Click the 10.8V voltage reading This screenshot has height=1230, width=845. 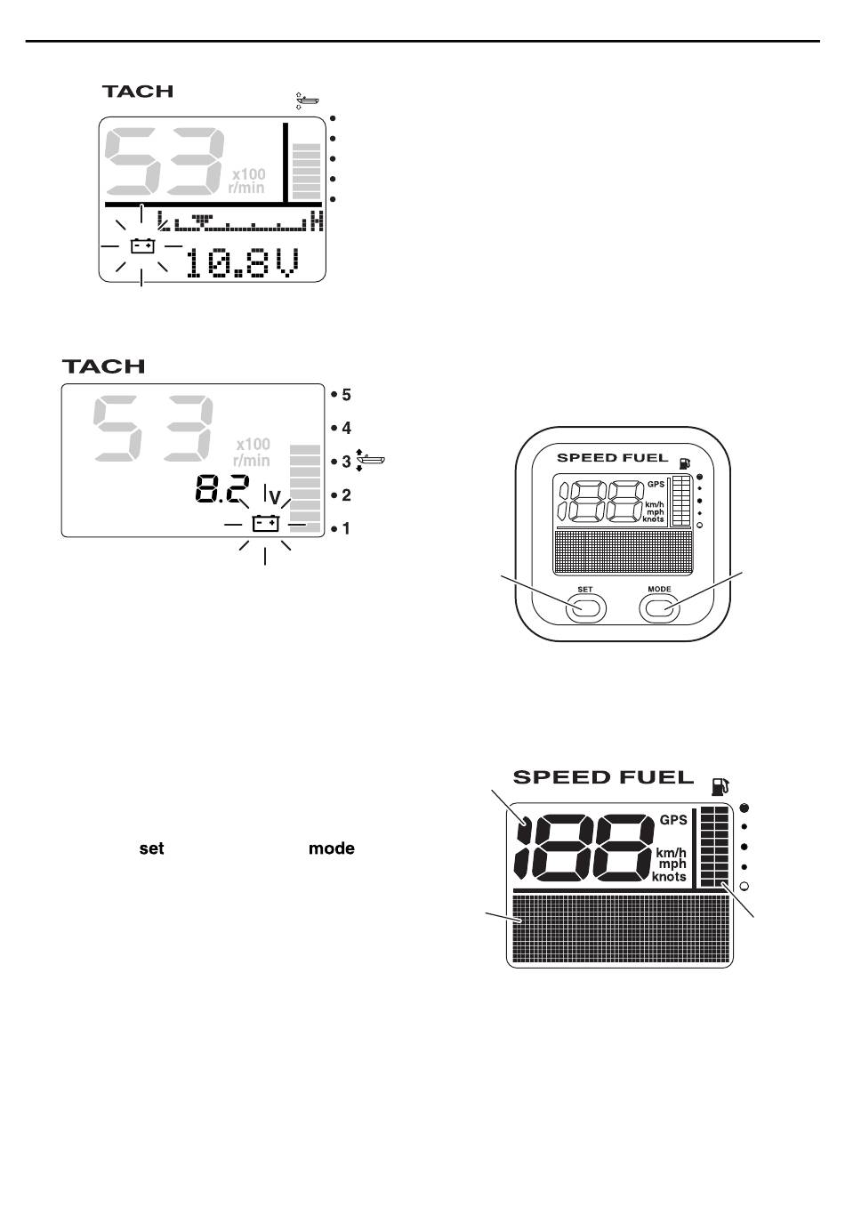pos(242,263)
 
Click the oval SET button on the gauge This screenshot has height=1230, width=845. pos(584,607)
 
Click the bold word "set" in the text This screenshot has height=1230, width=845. pos(151,848)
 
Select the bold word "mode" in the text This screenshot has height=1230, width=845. pos(331,848)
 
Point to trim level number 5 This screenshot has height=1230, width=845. pos(346,394)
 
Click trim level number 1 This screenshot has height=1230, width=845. pos(346,529)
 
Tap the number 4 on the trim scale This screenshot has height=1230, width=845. pos(346,428)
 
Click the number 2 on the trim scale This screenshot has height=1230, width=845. pos(346,495)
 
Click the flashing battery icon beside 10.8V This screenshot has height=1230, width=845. pos(142,245)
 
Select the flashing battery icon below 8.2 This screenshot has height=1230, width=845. pos(265,524)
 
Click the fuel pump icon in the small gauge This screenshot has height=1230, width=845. pos(684,462)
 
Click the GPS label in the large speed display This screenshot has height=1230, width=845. pos(673,820)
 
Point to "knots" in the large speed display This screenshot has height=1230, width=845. pos(670,877)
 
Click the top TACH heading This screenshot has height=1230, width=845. pos(137,91)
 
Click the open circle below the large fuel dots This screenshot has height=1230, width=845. pos(744,886)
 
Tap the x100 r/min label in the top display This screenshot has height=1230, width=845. pos(248,181)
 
